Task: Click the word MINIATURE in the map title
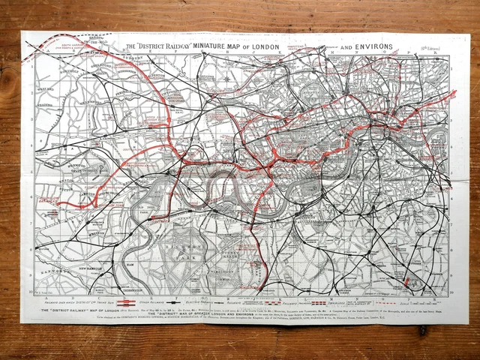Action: point(217,46)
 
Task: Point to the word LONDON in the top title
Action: point(267,46)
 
